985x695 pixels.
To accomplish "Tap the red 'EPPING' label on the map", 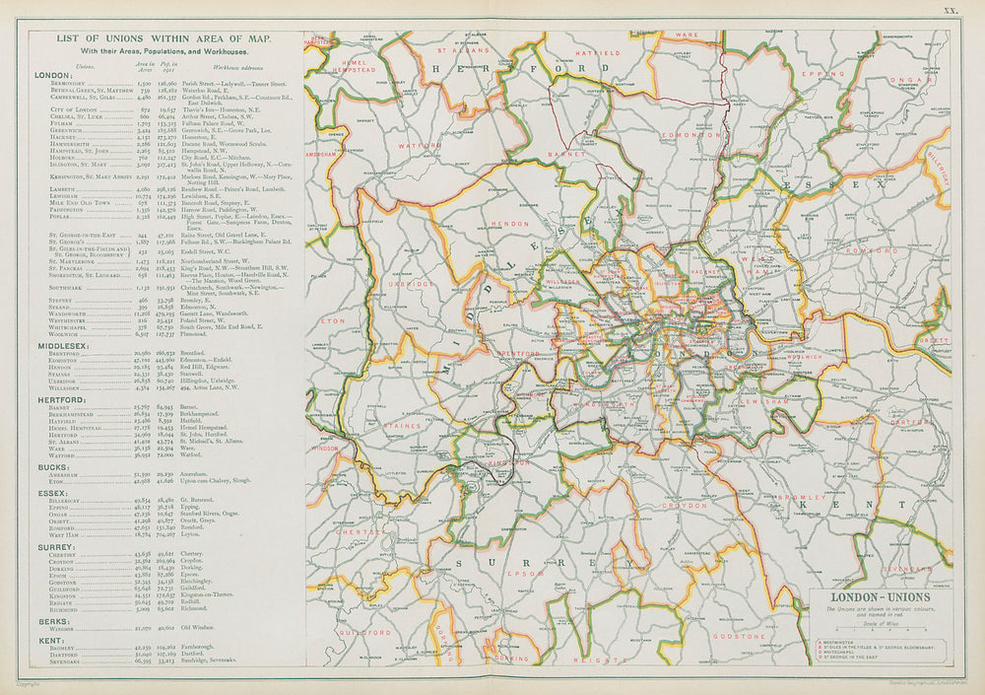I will (818, 73).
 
